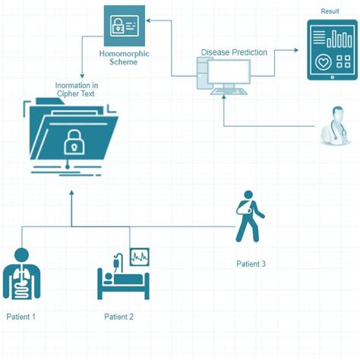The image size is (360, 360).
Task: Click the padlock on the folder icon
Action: click(x=74, y=142)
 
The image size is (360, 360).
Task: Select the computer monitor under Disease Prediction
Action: click(x=232, y=74)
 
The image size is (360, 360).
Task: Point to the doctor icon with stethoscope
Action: click(x=335, y=125)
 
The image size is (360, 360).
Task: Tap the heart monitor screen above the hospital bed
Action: click(x=140, y=257)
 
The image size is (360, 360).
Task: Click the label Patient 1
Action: click(x=21, y=316)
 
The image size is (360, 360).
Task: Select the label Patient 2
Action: click(x=118, y=316)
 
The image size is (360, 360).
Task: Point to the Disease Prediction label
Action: click(x=234, y=52)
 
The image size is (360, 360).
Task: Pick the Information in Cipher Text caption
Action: click(x=77, y=90)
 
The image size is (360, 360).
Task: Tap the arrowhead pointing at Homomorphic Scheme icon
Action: click(x=150, y=22)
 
